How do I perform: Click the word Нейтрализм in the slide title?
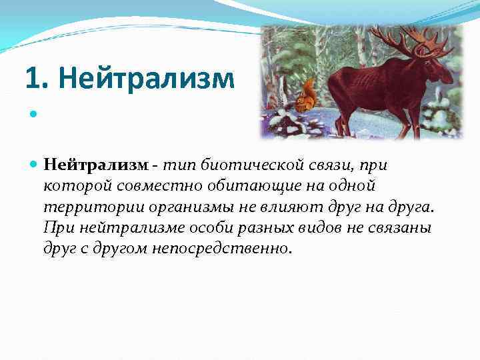point(147,79)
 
